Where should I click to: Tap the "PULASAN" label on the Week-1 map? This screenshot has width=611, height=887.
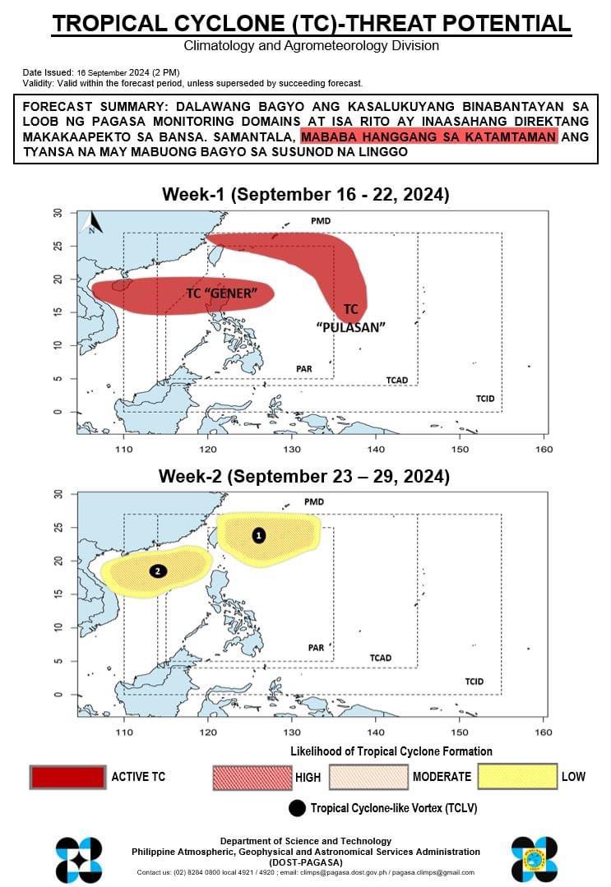pyautogui.click(x=351, y=326)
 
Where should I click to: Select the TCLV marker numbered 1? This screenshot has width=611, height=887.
pyautogui.click(x=259, y=535)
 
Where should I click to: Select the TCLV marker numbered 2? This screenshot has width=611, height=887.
pyautogui.click(x=158, y=571)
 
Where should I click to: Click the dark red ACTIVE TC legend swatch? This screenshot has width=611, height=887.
pyautogui.click(x=67, y=777)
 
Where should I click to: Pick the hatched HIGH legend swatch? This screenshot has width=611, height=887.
pyautogui.click(x=252, y=777)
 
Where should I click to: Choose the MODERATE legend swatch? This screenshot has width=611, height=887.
pyautogui.click(x=368, y=777)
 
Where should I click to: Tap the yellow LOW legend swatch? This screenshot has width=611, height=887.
pyautogui.click(x=516, y=777)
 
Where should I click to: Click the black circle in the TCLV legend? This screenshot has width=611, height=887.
pyautogui.click(x=297, y=808)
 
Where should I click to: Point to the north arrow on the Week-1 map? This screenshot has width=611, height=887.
pyautogui.click(x=91, y=222)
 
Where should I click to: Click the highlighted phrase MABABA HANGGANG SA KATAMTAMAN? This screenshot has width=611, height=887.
pyautogui.click(x=429, y=136)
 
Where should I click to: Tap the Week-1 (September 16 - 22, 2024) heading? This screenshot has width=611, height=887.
pyautogui.click(x=305, y=195)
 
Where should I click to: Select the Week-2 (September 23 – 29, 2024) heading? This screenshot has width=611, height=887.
pyautogui.click(x=305, y=476)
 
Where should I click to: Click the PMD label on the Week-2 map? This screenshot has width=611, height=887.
pyautogui.click(x=313, y=501)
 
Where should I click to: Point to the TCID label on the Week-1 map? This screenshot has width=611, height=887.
pyautogui.click(x=485, y=399)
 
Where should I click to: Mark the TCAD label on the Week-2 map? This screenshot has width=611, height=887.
pyautogui.click(x=380, y=658)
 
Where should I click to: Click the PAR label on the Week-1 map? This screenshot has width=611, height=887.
pyautogui.click(x=303, y=368)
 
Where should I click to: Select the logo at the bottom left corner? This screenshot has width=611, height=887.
pyautogui.click(x=79, y=859)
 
